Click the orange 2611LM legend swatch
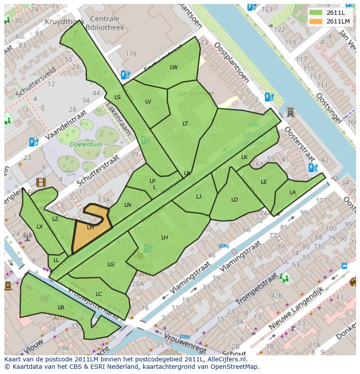[316, 21]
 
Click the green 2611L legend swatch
[316, 13]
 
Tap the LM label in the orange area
[90, 227]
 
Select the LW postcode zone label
[174, 67]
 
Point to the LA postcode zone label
[293, 192]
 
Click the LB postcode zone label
[61, 307]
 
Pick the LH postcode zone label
[164, 237]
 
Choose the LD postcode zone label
[234, 200]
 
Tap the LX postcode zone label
[40, 226]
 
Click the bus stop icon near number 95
[344, 266]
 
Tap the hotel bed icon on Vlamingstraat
[224, 246]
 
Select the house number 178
[131, 54]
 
